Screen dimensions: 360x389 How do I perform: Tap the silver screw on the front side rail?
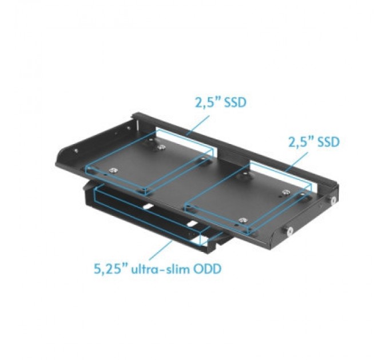click(x=289, y=231)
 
